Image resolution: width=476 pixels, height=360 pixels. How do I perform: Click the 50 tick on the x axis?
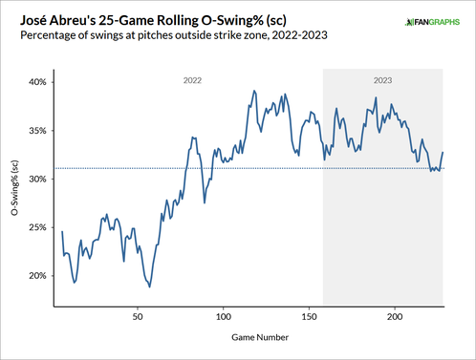138,315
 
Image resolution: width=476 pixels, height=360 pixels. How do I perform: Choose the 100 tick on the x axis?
224,315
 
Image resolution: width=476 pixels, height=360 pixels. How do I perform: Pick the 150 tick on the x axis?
310,315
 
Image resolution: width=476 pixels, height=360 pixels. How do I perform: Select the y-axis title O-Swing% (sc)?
14,188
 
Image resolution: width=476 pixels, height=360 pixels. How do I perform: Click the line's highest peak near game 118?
253,92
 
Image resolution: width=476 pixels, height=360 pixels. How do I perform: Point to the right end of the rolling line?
444,153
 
